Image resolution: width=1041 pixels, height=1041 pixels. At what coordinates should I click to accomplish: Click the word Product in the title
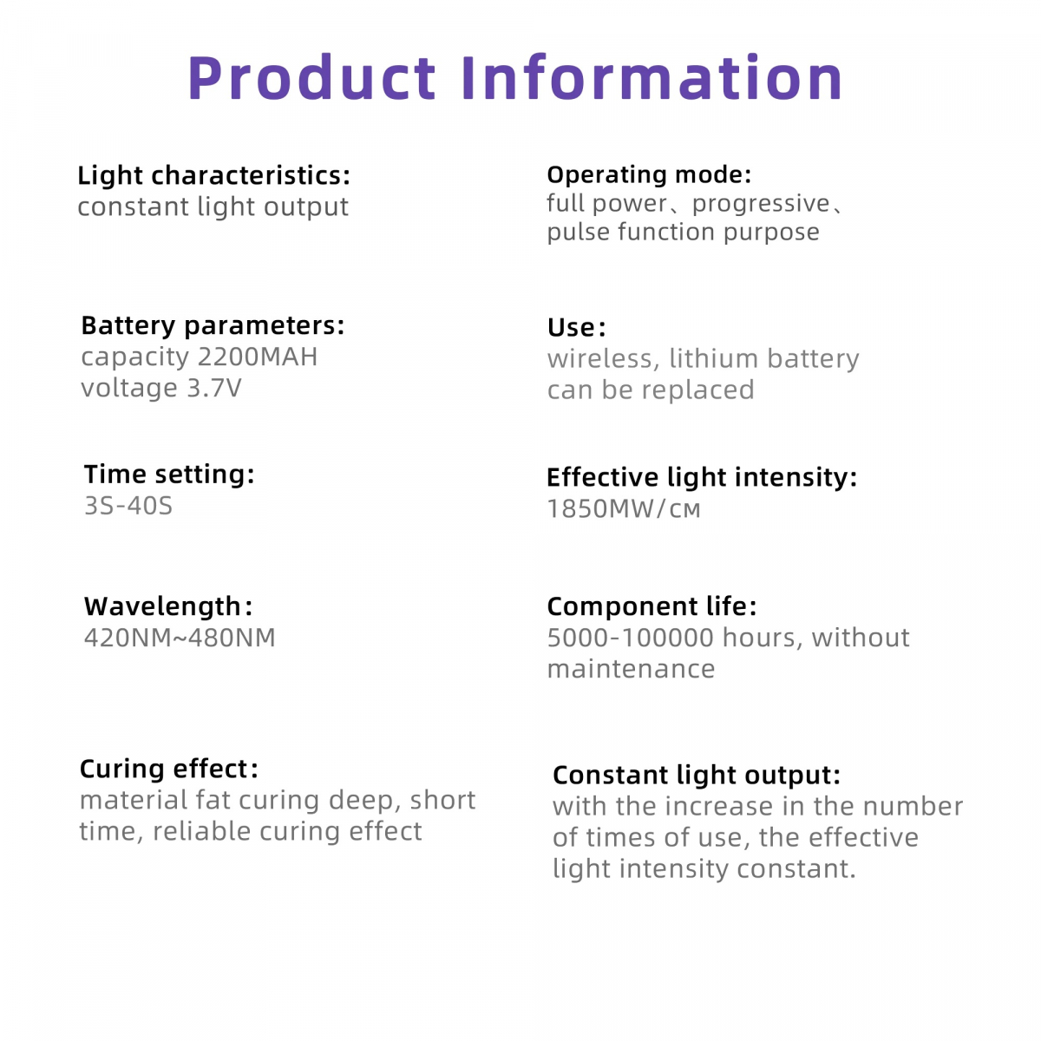coord(311,77)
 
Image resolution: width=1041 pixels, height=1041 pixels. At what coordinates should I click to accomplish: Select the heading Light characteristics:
coord(214,175)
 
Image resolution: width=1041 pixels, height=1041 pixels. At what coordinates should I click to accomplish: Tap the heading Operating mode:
coord(649,174)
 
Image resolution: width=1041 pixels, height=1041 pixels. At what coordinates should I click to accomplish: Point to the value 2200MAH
coord(258,357)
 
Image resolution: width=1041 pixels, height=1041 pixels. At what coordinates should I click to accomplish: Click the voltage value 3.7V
coord(214,388)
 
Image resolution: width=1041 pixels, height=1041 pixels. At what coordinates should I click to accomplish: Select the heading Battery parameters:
coord(213,326)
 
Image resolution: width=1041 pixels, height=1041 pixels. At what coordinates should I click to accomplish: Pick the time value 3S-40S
coord(128,506)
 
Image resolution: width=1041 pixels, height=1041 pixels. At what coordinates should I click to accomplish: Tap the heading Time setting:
coord(169,475)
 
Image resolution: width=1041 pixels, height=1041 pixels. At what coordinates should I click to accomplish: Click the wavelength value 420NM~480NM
coord(180,638)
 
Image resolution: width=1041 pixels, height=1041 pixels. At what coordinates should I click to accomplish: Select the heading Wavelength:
coord(168,606)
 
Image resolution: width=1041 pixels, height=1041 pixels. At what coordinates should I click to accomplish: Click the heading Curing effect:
coord(169,769)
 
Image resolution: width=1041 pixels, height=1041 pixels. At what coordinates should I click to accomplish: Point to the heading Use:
coord(576,327)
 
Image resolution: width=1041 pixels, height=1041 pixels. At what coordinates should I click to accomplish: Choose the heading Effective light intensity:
coord(702,477)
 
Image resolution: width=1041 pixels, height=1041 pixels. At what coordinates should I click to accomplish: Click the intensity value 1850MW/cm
coord(624,509)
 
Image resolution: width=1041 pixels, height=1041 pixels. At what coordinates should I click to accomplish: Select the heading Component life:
coord(651,606)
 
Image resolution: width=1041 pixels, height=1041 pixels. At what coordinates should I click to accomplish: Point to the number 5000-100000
coord(631,638)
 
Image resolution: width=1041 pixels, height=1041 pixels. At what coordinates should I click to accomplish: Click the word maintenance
coord(631,670)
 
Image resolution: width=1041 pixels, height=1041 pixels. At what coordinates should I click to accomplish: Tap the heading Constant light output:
coord(697,776)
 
